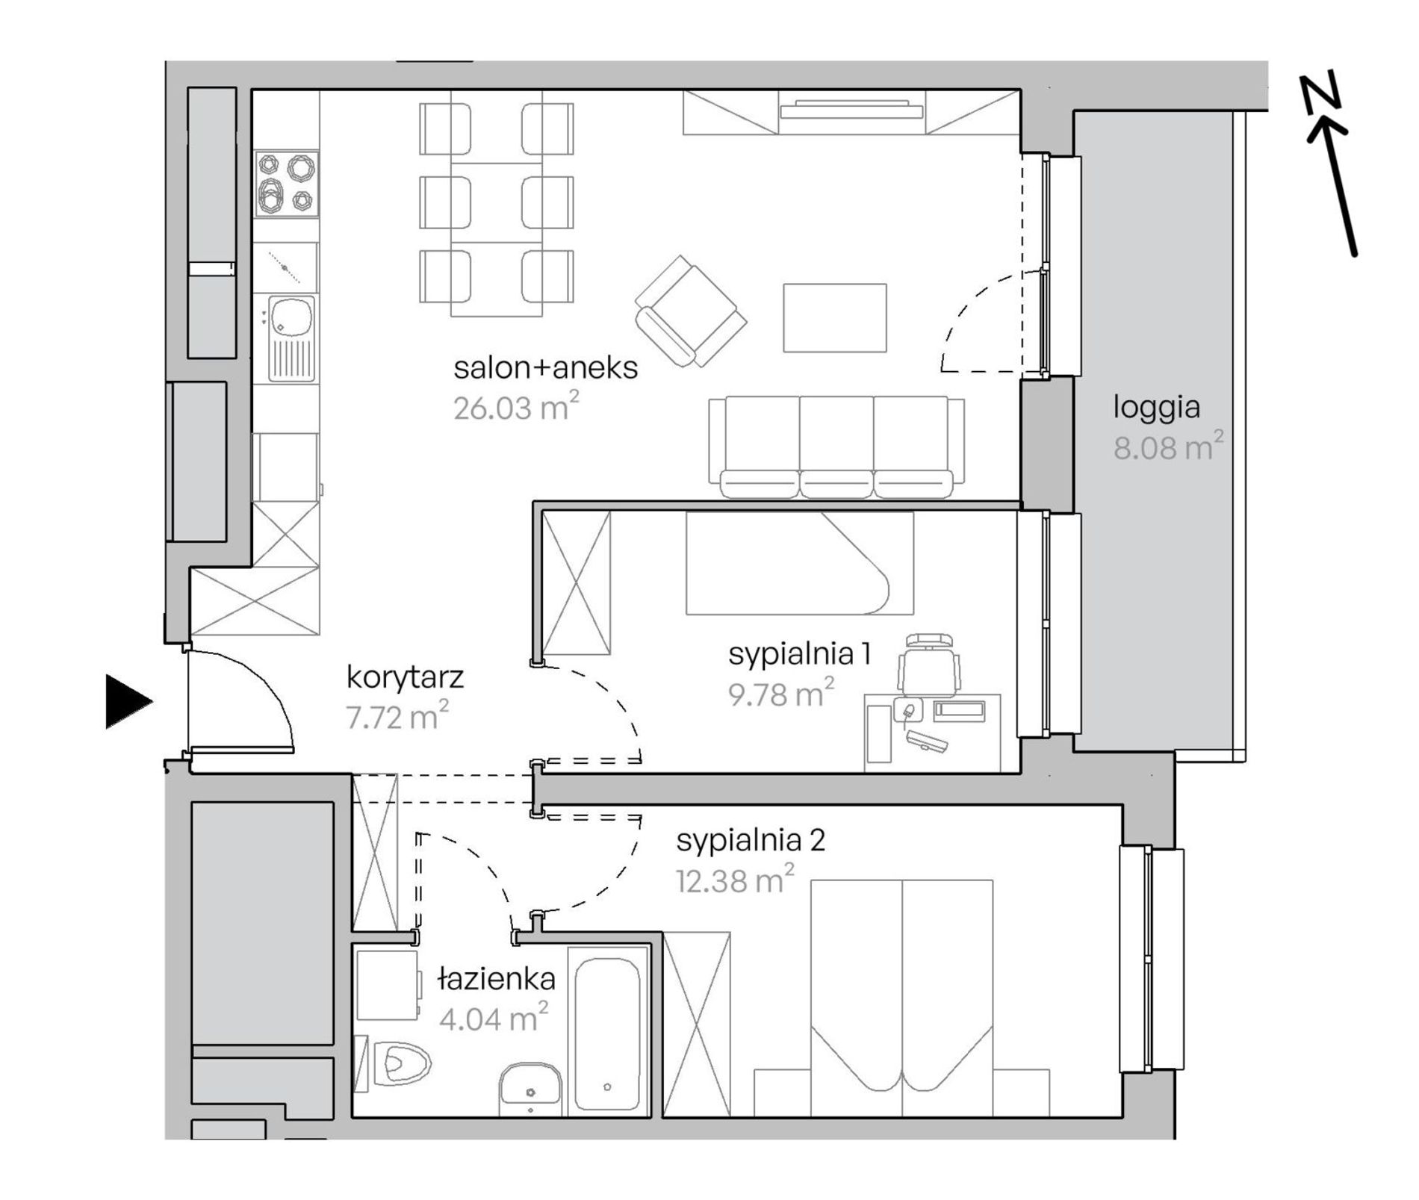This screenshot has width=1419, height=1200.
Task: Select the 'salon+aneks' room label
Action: [546, 368]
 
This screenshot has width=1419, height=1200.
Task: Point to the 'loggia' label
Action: [1156, 408]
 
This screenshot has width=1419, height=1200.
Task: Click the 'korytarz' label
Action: [405, 678]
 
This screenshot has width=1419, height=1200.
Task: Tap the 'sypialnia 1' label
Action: [799, 654]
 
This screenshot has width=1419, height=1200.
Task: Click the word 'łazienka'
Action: [496, 979]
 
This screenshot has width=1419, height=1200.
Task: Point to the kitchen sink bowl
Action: [291, 317]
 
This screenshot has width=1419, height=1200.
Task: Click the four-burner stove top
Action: [287, 184]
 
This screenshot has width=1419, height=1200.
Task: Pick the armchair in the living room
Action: [691, 311]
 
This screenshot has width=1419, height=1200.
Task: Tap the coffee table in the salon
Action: [835, 317]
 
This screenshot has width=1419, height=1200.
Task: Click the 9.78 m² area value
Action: [781, 694]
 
